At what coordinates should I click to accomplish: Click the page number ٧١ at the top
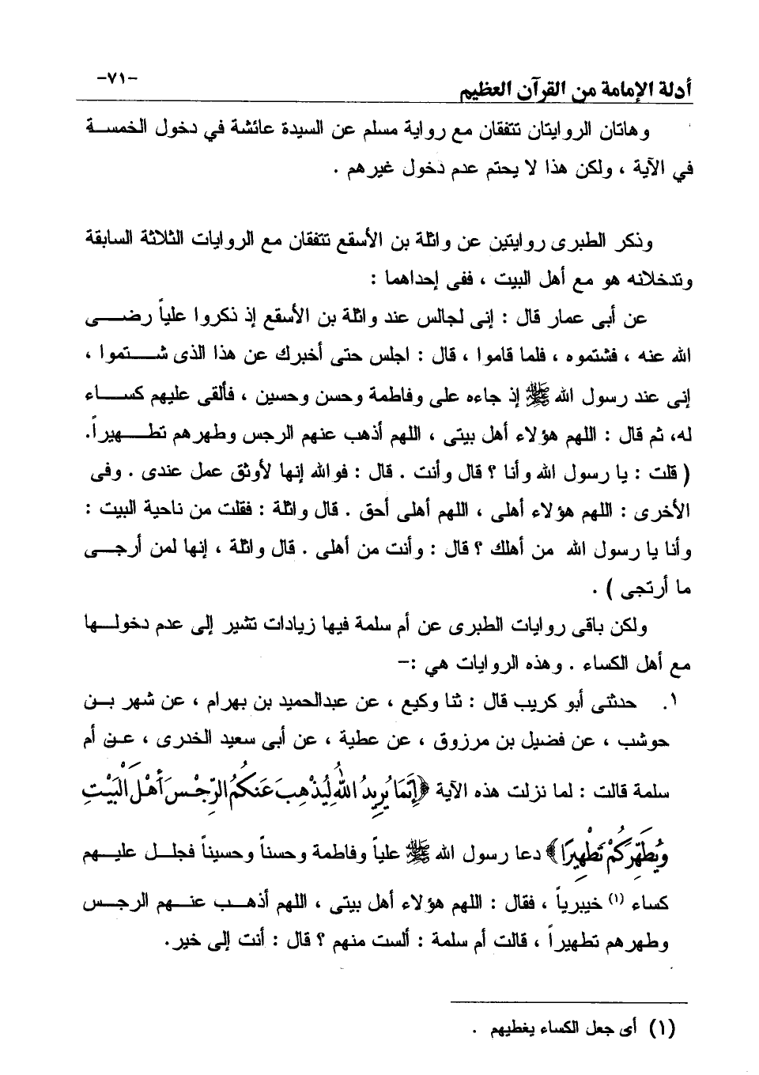(x=116, y=79)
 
